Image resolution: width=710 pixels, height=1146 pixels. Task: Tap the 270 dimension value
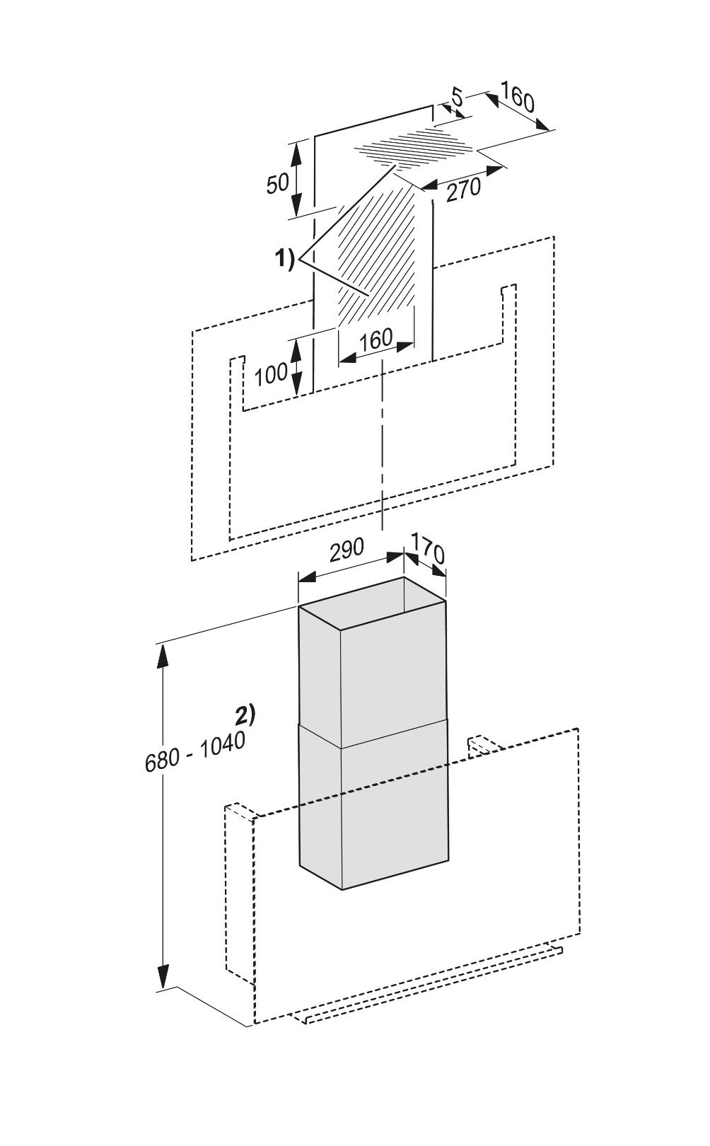[463, 188]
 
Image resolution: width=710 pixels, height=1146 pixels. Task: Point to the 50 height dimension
[277, 183]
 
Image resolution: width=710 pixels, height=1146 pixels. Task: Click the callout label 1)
[284, 260]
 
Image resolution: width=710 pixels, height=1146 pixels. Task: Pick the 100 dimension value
[271, 374]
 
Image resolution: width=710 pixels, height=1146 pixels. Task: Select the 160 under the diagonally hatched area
[376, 340]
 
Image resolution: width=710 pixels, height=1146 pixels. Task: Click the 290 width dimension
[347, 550]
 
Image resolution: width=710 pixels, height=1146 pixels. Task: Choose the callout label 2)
[245, 714]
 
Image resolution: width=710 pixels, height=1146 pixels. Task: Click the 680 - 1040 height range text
[194, 752]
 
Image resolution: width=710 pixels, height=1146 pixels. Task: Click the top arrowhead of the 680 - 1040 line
[163, 654]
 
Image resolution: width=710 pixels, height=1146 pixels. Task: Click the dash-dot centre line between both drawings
[383, 453]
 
